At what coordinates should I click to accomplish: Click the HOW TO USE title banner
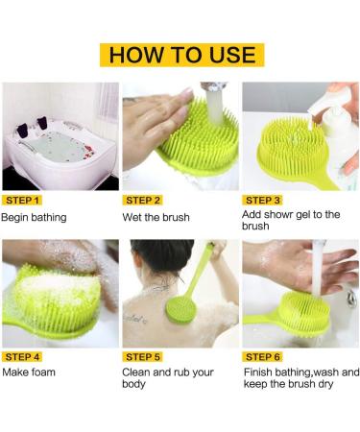point(181,55)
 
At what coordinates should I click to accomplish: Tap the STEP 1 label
point(22,201)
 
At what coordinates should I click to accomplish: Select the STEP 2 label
point(143,201)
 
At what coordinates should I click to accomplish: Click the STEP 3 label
point(262,201)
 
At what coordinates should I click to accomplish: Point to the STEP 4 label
point(22,357)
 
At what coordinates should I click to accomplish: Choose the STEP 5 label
point(143,357)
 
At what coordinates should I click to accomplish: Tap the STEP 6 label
point(262,357)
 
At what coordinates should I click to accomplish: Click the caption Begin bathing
point(34,218)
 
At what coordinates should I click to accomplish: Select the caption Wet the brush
point(156,217)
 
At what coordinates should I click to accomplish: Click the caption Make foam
point(29,372)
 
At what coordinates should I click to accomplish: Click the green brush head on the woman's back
point(180,310)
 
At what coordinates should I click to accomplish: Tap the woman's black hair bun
point(162,254)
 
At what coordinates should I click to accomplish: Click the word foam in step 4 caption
point(43,372)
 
